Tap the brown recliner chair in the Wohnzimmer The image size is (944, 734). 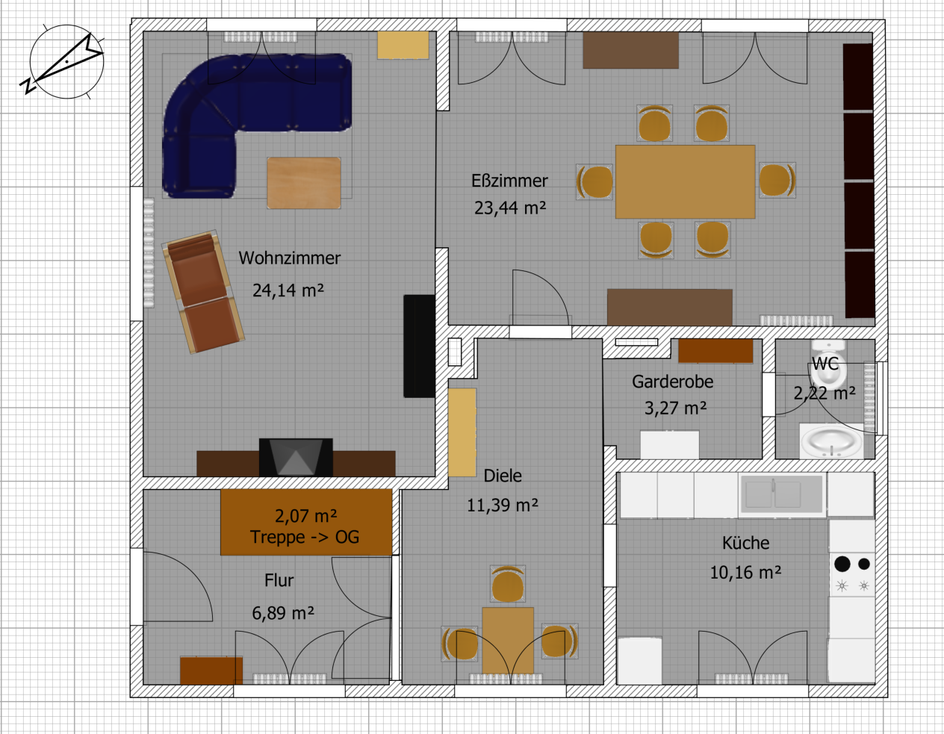pos(203,291)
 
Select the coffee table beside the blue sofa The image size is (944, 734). pos(304,183)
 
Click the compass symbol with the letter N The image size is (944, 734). pos(65,62)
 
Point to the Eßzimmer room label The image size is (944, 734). pos(509,181)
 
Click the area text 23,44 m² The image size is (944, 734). pos(510,208)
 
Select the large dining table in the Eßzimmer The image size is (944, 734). pos(685,181)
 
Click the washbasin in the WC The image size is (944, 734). pos(831,441)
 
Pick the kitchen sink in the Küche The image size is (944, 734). pos(782,494)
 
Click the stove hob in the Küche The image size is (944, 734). pos(852,575)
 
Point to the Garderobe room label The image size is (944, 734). pos(672,382)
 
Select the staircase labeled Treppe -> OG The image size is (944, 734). pos(306,522)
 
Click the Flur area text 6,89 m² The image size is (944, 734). pos(283,613)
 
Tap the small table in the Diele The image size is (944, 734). pos(508,641)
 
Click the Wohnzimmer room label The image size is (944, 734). pos(289,258)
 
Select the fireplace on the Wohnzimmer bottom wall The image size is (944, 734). pos(296,457)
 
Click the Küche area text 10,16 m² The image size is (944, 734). pos(745,573)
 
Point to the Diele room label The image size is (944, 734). pos(503,476)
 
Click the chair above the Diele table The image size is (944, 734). pos(507,584)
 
